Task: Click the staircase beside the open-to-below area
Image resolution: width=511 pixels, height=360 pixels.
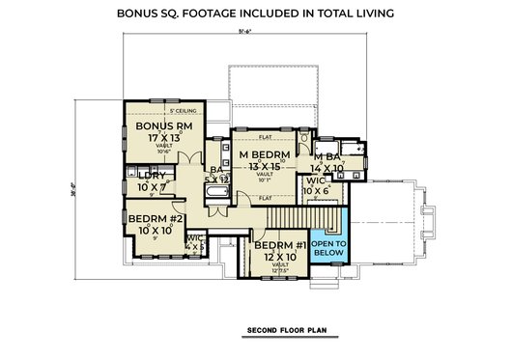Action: [x=290, y=218]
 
